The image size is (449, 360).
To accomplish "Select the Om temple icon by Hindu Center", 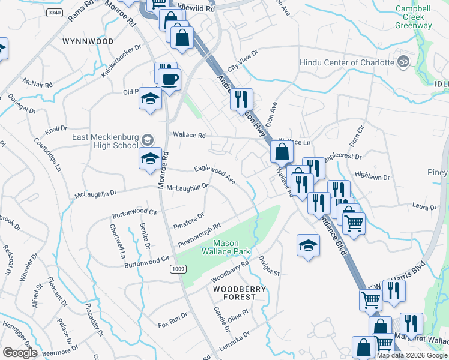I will [404, 62].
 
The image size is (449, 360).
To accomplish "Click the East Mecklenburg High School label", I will [105, 141].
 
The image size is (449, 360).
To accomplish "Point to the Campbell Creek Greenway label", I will [413, 17].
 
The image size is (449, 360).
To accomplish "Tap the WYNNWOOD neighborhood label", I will [88, 42].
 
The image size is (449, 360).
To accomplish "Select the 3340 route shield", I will [53, 13].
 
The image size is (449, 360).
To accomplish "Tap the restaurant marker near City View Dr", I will [241, 99].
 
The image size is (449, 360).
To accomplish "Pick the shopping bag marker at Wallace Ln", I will [281, 152].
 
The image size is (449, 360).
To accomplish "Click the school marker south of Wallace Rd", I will [150, 159].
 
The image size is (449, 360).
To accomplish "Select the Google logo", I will [20, 352].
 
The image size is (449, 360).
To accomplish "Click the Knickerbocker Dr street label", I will [121, 61].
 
